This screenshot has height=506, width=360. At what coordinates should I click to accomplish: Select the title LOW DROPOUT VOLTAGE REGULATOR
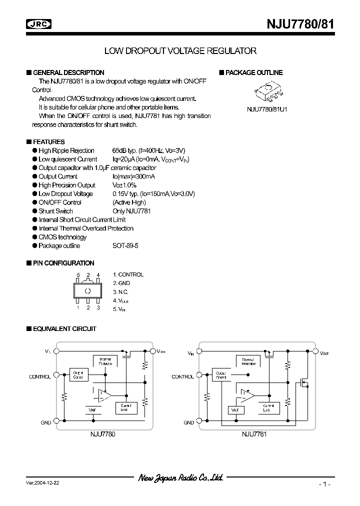[180, 50]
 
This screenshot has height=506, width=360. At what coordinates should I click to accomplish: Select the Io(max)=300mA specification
[133, 176]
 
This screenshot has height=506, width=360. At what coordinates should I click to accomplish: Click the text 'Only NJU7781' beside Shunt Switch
[131, 211]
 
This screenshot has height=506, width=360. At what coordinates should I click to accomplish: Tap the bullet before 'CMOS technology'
[34, 237]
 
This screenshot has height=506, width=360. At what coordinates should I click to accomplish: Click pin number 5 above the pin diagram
[78, 275]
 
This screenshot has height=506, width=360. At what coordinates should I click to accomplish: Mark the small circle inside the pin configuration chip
[88, 291]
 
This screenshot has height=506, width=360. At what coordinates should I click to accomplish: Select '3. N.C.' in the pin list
[121, 291]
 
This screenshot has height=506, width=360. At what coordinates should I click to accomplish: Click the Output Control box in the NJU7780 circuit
[78, 374]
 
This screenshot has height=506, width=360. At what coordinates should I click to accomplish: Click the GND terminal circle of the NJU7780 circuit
[56, 421]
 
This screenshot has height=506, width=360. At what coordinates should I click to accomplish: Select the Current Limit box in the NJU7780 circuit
[125, 407]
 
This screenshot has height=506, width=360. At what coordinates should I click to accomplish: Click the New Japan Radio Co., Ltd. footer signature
[180, 478]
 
